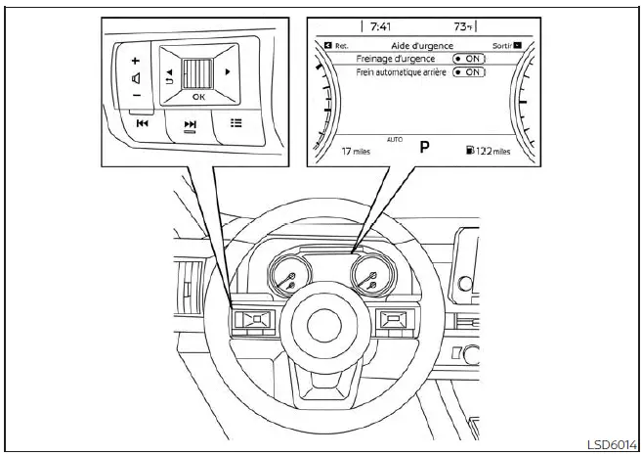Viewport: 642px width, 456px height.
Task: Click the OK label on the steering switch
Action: point(198,97)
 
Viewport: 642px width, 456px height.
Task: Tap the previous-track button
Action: point(143,123)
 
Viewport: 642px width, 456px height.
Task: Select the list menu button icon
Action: point(235,122)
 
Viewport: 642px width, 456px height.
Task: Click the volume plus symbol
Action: point(136,60)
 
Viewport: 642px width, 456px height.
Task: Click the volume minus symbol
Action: point(136,95)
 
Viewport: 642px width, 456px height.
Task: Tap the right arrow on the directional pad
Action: point(229,72)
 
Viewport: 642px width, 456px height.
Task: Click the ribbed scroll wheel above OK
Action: point(198,72)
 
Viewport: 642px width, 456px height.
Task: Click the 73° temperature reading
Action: point(465,27)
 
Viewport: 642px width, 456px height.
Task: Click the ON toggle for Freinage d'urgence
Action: point(468,59)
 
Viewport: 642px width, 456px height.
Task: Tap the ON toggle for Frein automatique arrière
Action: point(468,72)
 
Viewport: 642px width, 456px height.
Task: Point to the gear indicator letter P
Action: point(424,148)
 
